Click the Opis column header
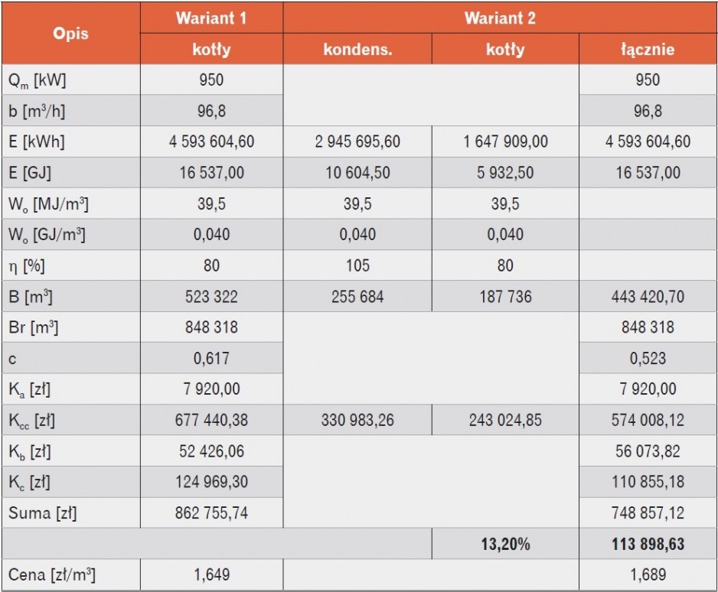[x=70, y=34]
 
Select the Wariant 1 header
[x=211, y=18]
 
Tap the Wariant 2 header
[x=500, y=18]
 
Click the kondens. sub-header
[x=357, y=49]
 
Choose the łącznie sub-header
[x=648, y=50]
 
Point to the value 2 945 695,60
[x=357, y=141]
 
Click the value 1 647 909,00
[x=505, y=141]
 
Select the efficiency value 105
[x=357, y=265]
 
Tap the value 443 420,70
[x=648, y=297]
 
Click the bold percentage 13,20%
[x=505, y=544]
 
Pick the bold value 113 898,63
[x=648, y=544]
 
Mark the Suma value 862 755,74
[x=211, y=513]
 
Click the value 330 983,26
[x=357, y=420]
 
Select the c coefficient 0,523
[x=648, y=358]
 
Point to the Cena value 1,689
[x=648, y=574]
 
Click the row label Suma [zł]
[x=43, y=513]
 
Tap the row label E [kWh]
[x=37, y=141]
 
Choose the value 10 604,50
[x=357, y=173]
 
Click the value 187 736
[x=505, y=297]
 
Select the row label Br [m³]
[x=34, y=327]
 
